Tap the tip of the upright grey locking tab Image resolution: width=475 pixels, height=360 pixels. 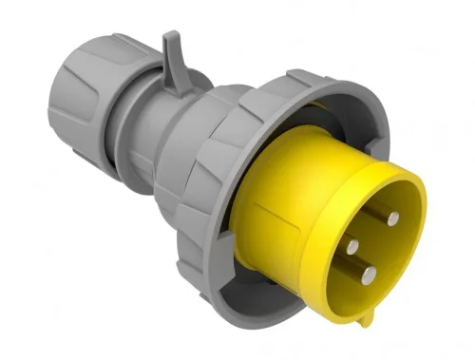point(170,38)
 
